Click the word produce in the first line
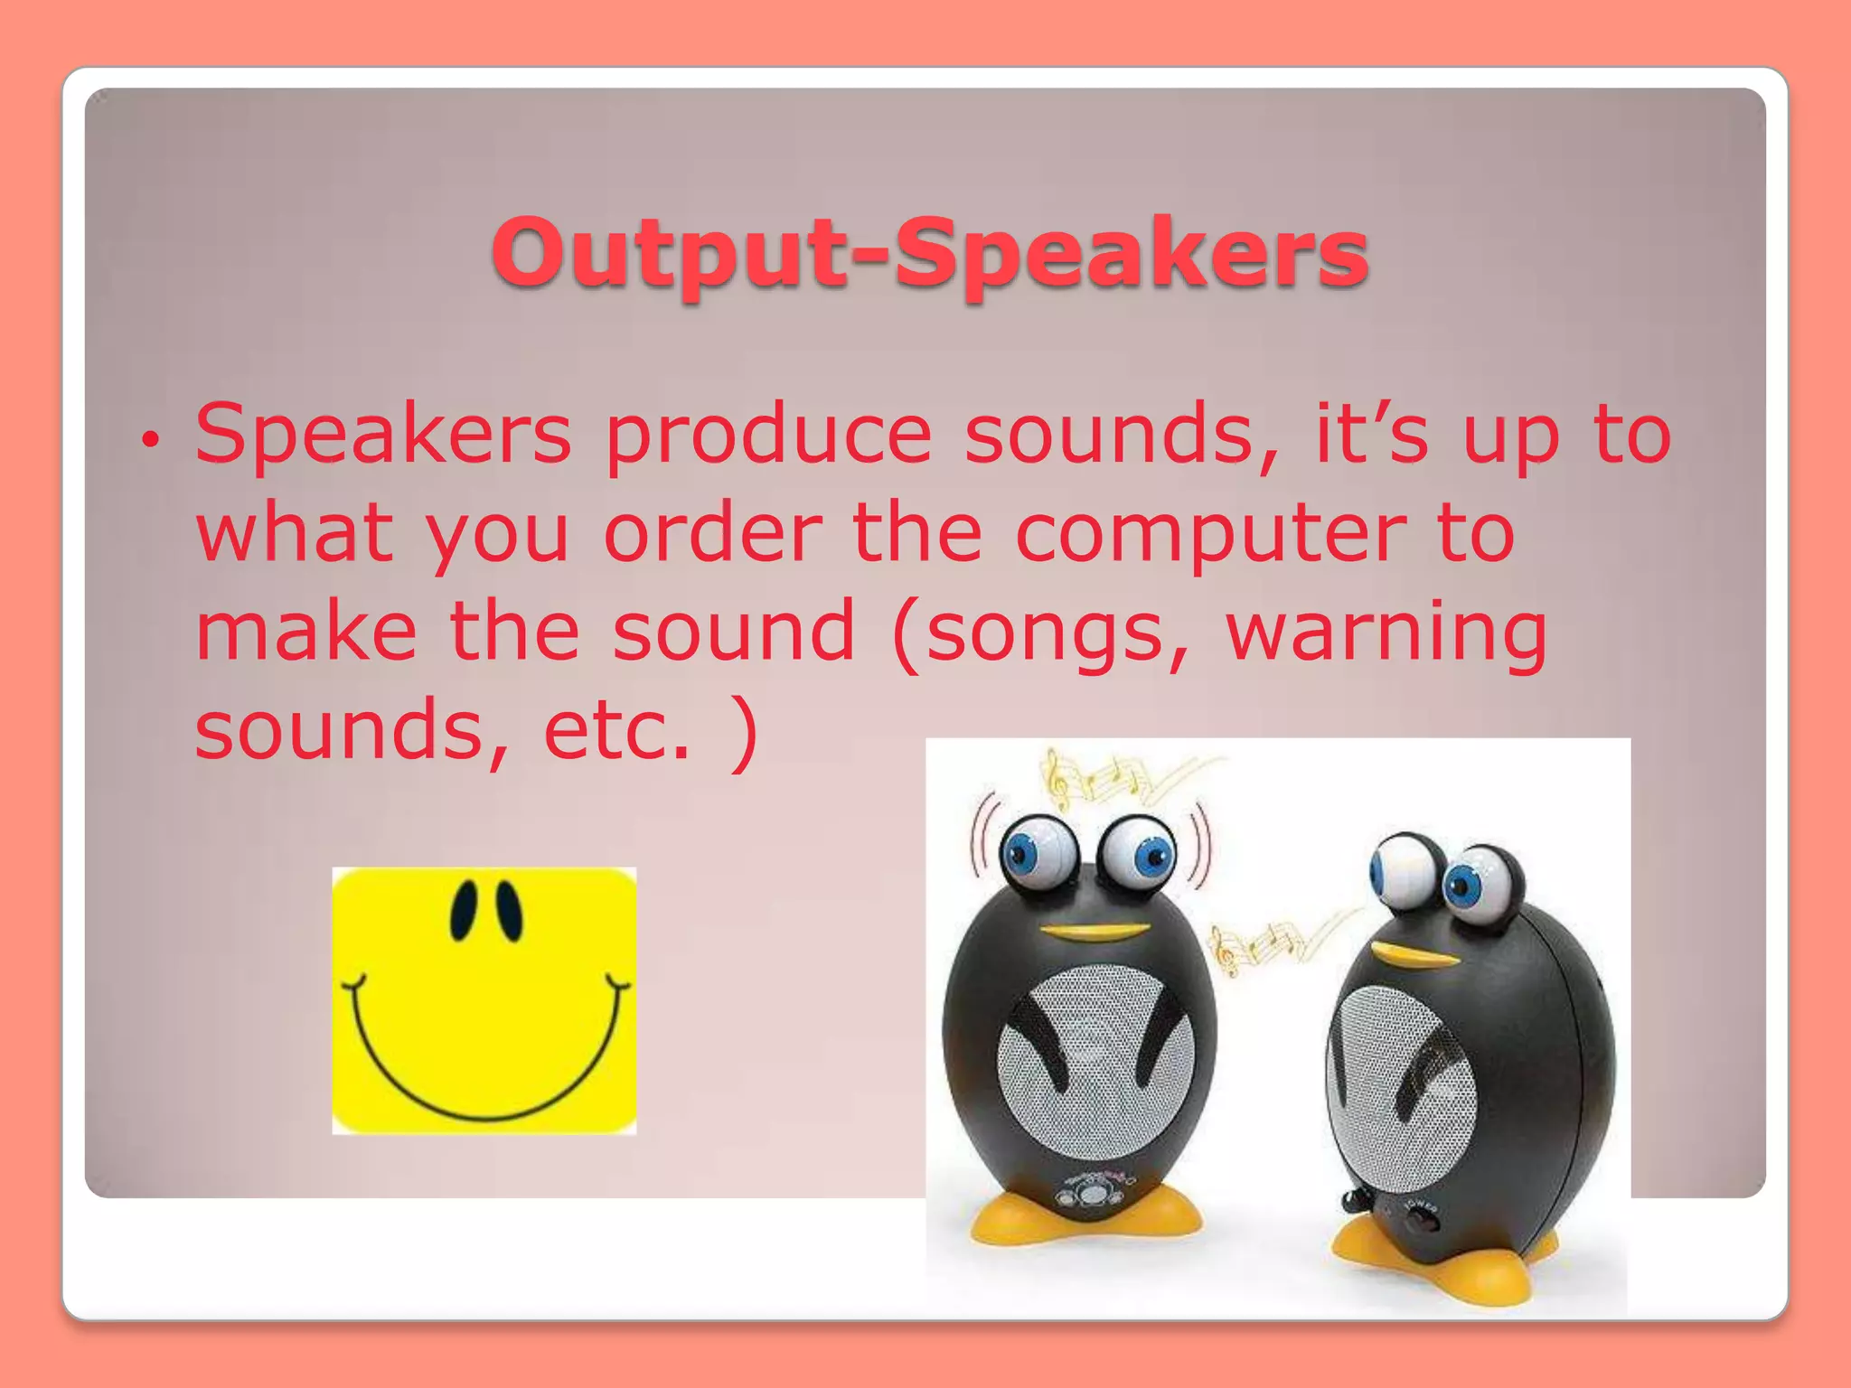pyautogui.click(x=768, y=436)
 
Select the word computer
pyautogui.click(x=1211, y=535)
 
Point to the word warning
pyautogui.click(x=1386, y=633)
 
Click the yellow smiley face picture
pyautogui.click(x=484, y=1000)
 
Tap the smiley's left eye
pyautogui.click(x=464, y=909)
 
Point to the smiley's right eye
pyautogui.click(x=508, y=909)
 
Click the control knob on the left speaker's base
pyautogui.click(x=1092, y=1195)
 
